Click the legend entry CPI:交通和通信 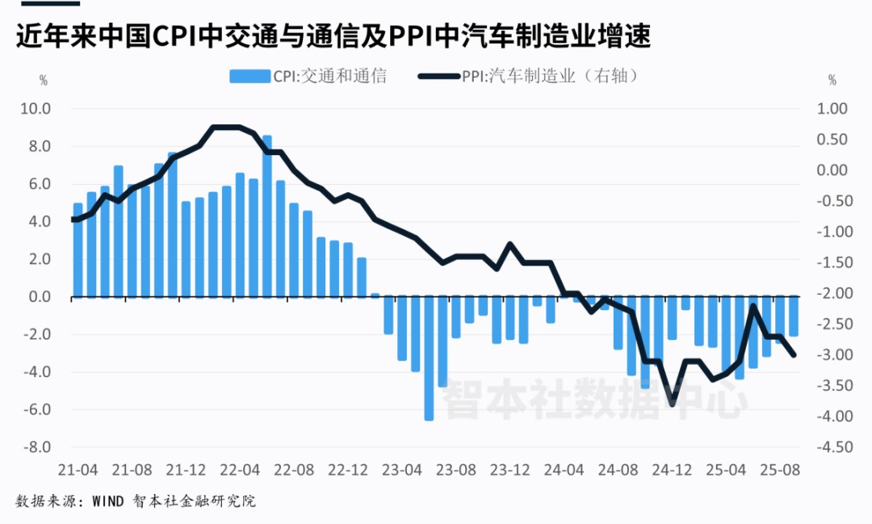[x=308, y=77]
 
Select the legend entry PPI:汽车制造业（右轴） [x=530, y=77]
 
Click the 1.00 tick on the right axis [x=832, y=109]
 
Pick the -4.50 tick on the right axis [x=832, y=447]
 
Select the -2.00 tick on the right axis [x=832, y=294]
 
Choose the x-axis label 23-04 [x=402, y=469]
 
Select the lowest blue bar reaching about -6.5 [x=429, y=358]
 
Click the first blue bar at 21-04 [x=78, y=250]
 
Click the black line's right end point [x=794, y=354]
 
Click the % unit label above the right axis [x=832, y=81]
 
